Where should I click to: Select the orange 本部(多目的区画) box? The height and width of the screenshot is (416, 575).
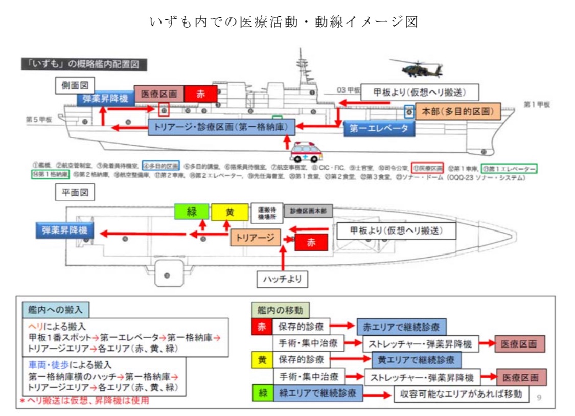click(458, 111)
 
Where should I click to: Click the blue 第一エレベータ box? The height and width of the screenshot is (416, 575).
click(379, 128)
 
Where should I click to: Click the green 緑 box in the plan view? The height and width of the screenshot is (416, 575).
click(191, 212)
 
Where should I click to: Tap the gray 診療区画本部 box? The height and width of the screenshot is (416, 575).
click(308, 211)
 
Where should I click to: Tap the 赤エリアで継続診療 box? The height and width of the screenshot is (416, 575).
click(401, 326)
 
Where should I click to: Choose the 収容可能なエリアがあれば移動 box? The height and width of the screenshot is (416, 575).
click(461, 394)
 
